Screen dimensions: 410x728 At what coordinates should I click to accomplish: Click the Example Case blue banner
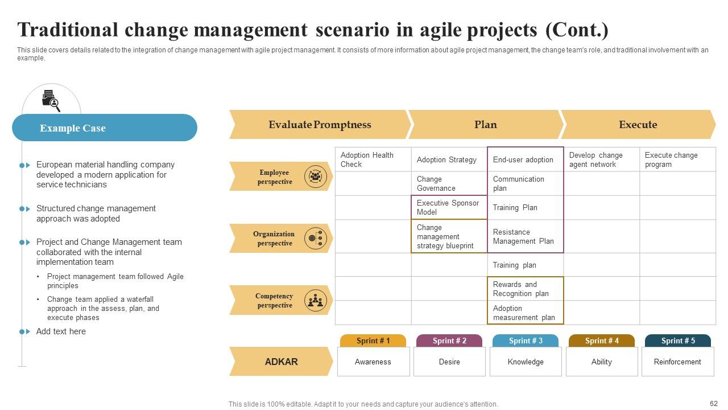[104, 128]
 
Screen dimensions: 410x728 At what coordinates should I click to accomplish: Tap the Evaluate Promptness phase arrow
[319, 125]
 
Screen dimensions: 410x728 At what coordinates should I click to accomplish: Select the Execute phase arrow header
[638, 125]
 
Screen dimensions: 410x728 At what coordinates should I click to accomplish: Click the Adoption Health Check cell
[373, 159]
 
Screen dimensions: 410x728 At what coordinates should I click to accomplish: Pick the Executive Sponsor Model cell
[449, 207]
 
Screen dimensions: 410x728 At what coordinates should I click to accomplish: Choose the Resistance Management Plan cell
[525, 236]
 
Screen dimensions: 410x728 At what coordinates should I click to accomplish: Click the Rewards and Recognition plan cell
[525, 289]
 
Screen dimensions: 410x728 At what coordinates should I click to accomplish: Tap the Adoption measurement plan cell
[525, 313]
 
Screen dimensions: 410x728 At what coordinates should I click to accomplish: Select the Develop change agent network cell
[601, 159]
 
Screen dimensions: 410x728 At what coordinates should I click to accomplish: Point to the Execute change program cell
[677, 159]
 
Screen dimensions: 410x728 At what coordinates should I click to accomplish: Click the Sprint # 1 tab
[373, 341]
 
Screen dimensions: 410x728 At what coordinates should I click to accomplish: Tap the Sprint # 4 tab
[601, 341]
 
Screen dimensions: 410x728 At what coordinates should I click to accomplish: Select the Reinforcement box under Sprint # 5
[677, 362]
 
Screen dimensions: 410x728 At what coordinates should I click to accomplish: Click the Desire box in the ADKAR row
[449, 362]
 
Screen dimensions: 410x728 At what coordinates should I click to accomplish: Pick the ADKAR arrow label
[281, 362]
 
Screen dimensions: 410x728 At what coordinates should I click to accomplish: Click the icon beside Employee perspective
[316, 177]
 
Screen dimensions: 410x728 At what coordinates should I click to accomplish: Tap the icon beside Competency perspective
[316, 300]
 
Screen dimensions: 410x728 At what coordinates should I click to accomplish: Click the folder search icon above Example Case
[51, 101]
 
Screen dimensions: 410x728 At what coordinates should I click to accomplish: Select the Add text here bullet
[61, 331]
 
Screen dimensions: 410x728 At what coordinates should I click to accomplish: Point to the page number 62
[714, 403]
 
